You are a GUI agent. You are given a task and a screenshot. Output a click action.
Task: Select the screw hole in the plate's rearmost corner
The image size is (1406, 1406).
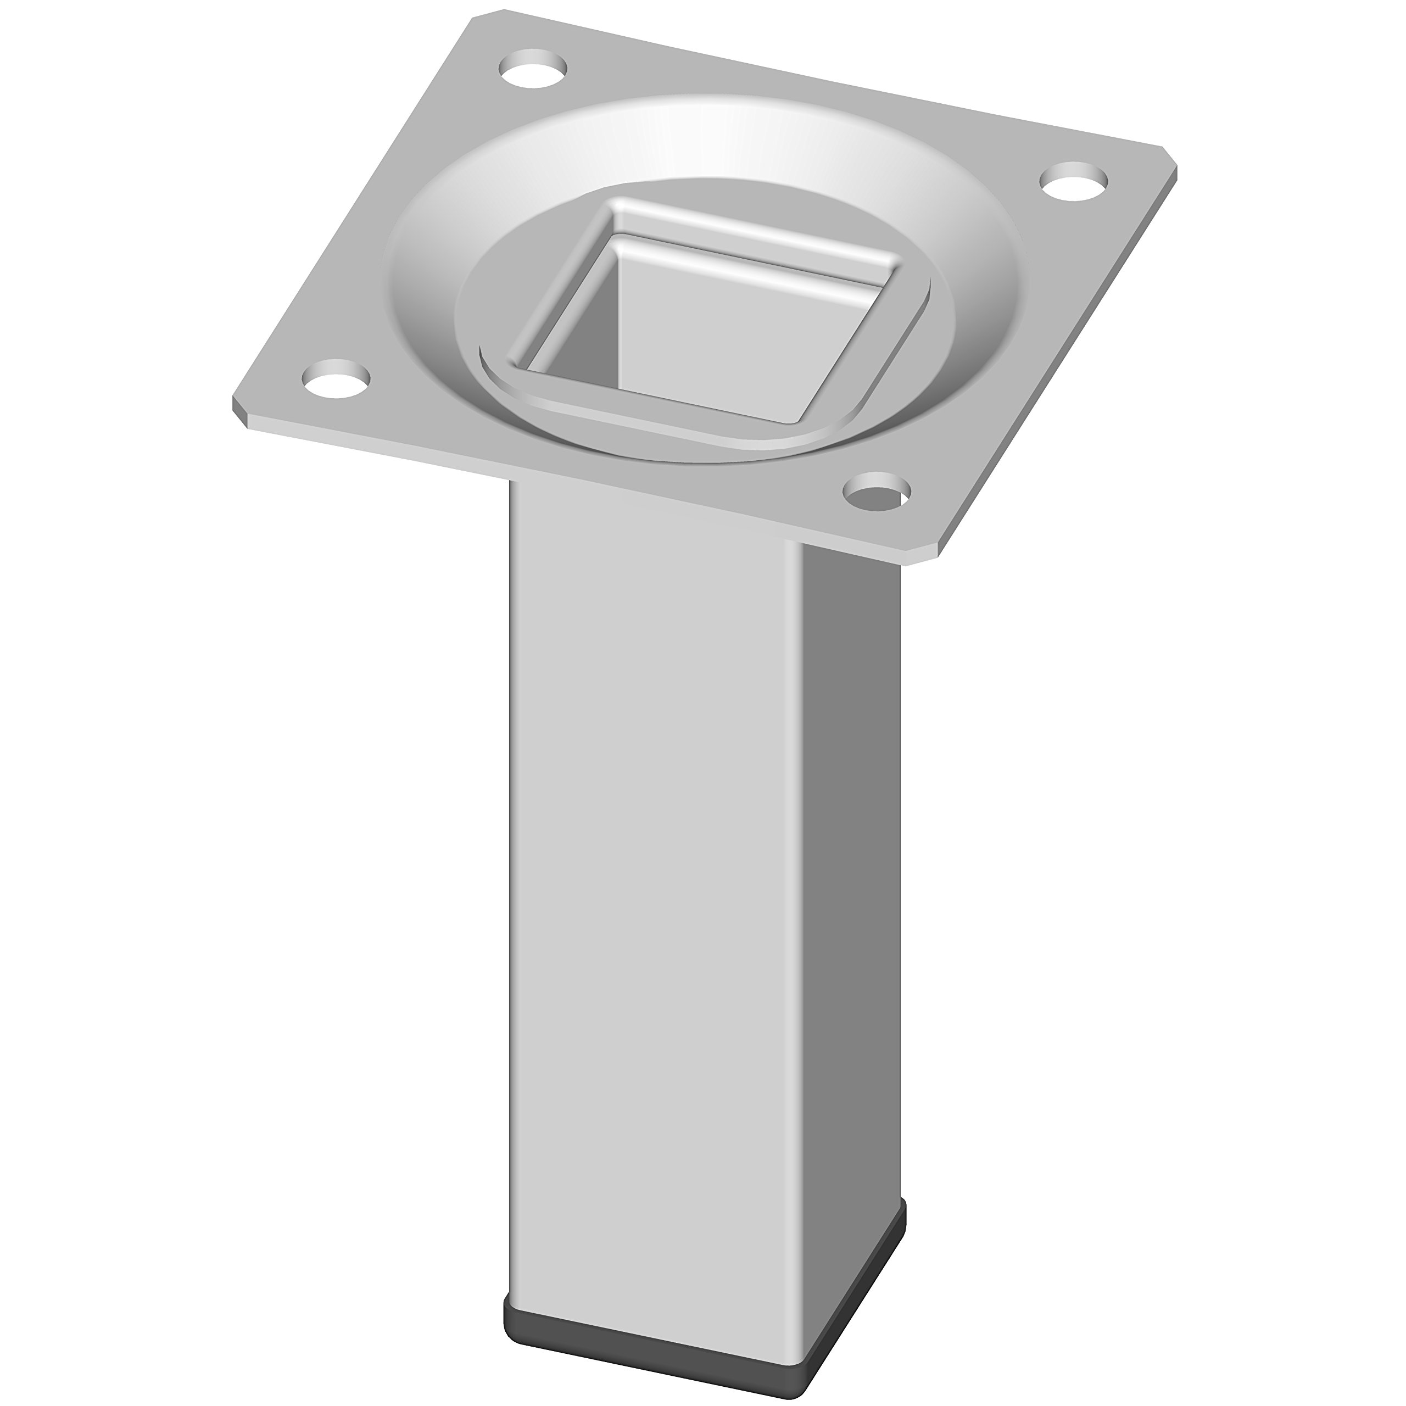click(x=533, y=71)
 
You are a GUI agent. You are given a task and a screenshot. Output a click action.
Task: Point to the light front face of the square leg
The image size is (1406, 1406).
click(x=655, y=873)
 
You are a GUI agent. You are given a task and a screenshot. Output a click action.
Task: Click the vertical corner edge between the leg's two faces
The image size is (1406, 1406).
click(x=804, y=873)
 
